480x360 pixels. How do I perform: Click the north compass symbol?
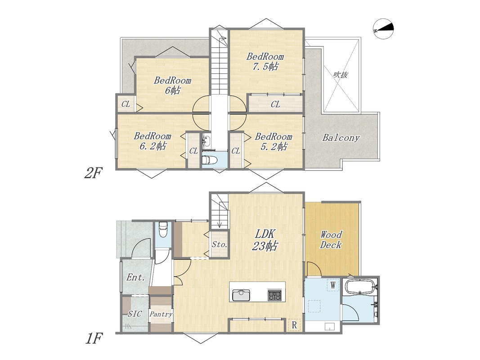click(384, 30)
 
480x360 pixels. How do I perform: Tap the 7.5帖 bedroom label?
click(265, 62)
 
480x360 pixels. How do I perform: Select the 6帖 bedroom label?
click(173, 85)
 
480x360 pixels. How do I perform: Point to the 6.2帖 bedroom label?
click(153, 141)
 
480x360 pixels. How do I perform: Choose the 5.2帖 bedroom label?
click(274, 141)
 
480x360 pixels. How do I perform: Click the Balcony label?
click(341, 138)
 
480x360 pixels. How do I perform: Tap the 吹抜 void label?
click(341, 74)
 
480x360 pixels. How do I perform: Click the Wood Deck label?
click(331, 240)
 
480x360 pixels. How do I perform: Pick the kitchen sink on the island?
click(241, 295)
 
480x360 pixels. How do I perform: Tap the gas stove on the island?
click(274, 295)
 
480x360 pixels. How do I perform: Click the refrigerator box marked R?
click(294, 325)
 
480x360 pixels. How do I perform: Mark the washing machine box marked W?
click(333, 285)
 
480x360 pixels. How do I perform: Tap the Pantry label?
click(161, 314)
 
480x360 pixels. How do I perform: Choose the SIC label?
click(135, 314)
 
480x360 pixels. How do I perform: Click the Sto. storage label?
click(220, 245)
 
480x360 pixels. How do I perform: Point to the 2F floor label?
click(93, 173)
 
